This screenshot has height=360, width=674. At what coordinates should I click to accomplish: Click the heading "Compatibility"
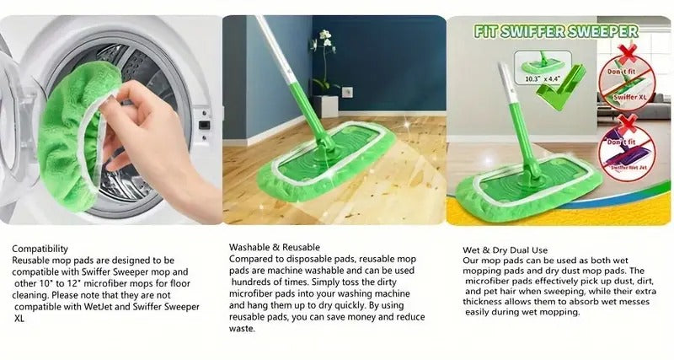(x=40, y=249)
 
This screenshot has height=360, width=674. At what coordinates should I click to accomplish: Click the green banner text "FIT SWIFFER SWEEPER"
(x=555, y=32)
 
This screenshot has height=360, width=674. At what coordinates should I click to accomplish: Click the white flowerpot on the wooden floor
(x=328, y=106)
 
